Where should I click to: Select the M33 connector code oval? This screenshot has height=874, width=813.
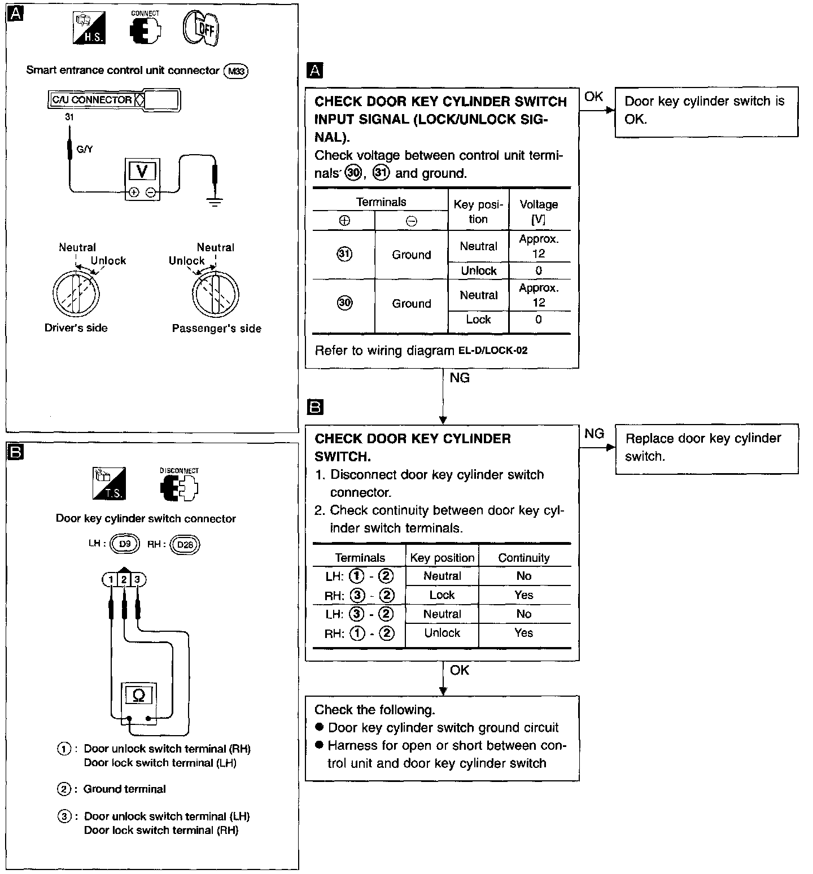[x=236, y=71]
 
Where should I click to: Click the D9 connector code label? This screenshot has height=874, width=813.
[x=124, y=544]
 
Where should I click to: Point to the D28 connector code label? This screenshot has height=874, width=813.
[x=185, y=544]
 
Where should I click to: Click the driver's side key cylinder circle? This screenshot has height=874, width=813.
[x=76, y=294]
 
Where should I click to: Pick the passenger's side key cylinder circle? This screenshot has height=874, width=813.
[x=216, y=294]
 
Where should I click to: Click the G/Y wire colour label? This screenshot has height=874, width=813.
[x=85, y=150]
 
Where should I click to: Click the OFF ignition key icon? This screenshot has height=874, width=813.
[x=201, y=28]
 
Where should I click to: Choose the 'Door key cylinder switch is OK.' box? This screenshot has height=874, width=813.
[x=706, y=111]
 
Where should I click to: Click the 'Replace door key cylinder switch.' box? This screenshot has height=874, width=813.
[x=706, y=448]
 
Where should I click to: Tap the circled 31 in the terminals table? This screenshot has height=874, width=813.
[x=344, y=254]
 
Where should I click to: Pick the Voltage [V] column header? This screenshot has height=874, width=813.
[x=539, y=212]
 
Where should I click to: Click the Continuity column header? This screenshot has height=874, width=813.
[x=524, y=558]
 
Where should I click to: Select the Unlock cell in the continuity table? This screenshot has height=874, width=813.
[x=442, y=633]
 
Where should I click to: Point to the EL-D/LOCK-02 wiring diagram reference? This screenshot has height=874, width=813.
[x=493, y=351]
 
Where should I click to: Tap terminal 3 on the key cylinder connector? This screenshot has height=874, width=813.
[x=137, y=579]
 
